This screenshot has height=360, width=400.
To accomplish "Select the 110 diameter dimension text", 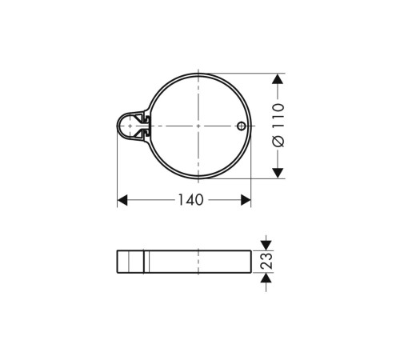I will coord(278,118).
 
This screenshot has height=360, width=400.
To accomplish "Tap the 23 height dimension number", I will coord(268,261).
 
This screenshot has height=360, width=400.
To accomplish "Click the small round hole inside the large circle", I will coord(241,126).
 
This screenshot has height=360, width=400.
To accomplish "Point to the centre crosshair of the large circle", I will coord(198,126).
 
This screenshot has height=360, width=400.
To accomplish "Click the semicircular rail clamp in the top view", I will coord(128,126).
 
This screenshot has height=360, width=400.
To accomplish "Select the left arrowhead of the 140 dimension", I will coord(123,200).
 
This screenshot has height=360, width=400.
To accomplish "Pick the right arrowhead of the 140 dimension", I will coord(246,200).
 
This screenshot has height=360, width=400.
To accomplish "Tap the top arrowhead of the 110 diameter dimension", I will coord(278,80).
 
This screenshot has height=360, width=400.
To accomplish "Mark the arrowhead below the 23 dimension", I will coord(267,278).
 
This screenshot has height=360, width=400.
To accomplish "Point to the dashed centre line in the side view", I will coord(198,261).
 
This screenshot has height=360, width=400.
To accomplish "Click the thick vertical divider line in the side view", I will coord(144,262).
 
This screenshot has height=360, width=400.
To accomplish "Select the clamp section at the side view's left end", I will coord(130,262).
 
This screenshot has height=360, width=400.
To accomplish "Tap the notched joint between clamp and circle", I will coord(146,126).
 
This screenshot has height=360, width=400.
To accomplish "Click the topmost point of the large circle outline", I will coord(198,74).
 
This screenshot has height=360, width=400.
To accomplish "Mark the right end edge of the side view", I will coord(250,262).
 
